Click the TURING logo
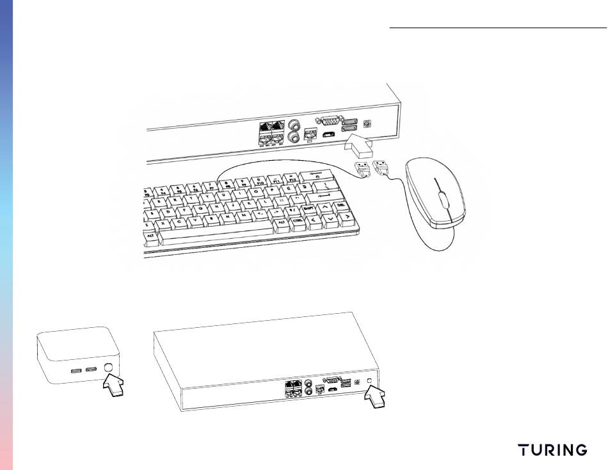pyautogui.click(x=553, y=450)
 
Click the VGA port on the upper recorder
pyautogui.click(x=330, y=120)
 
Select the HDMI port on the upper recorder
pyautogui.click(x=328, y=135)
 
